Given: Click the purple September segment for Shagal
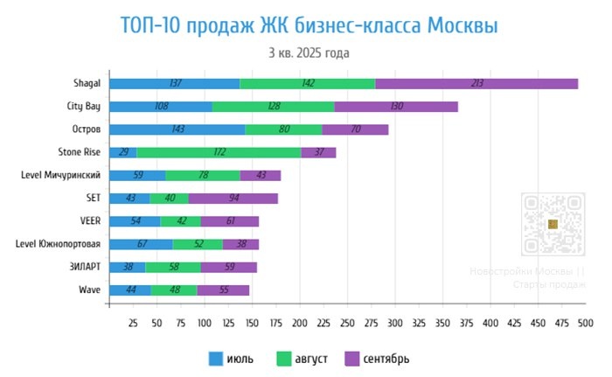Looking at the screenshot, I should [476, 83].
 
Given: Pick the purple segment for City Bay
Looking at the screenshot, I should [396, 107].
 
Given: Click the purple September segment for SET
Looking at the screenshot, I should [233, 198].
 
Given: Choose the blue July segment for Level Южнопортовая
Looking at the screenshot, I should [141, 243].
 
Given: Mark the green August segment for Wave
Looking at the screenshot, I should [174, 290].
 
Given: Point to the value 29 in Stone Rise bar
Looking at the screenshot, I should [123, 152].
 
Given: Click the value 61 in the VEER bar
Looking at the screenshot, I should [230, 220].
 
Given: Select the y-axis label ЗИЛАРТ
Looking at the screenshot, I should [86, 266].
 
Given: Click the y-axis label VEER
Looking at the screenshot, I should [89, 220].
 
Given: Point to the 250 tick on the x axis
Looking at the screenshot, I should [347, 323].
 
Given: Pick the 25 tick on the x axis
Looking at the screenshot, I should [133, 323].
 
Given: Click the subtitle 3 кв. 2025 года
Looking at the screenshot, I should [309, 52].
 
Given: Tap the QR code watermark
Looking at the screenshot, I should [552, 225].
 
